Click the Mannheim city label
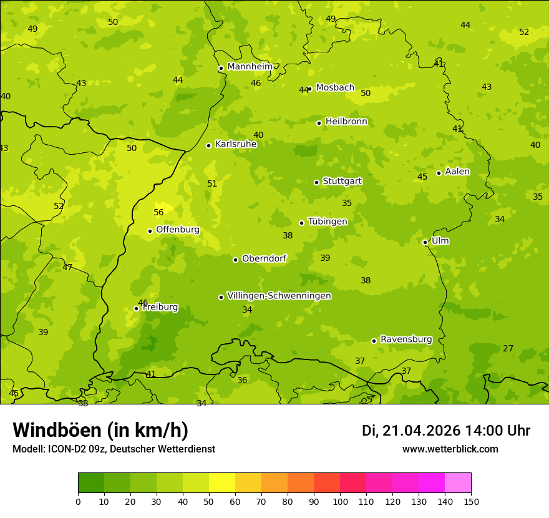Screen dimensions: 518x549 tap(250, 67)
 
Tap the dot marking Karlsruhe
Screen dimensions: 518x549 tap(208, 145)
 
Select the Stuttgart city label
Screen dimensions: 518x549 tap(342, 181)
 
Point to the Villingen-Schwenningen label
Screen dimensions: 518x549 tap(279, 296)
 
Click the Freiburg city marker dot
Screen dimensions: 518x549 tap(136, 308)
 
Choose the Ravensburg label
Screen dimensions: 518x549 tap(406, 340)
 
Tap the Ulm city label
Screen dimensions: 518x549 tap(440, 241)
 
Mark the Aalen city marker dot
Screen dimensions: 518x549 tap(439, 173)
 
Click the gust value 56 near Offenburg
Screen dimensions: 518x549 tap(158, 212)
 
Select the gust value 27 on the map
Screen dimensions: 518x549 tap(508, 348)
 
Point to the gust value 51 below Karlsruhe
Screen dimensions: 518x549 tap(212, 183)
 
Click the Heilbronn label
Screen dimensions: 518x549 tap(346, 122)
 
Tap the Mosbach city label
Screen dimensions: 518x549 tap(335, 88)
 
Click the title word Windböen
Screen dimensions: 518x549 tap(57, 430)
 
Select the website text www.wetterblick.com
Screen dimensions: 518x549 tap(450, 449)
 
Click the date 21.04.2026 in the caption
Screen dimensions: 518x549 tap(421, 431)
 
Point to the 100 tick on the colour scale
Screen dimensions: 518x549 tap(340, 501)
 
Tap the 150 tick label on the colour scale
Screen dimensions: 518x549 tap(471, 501)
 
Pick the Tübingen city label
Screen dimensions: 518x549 tap(328, 222)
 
